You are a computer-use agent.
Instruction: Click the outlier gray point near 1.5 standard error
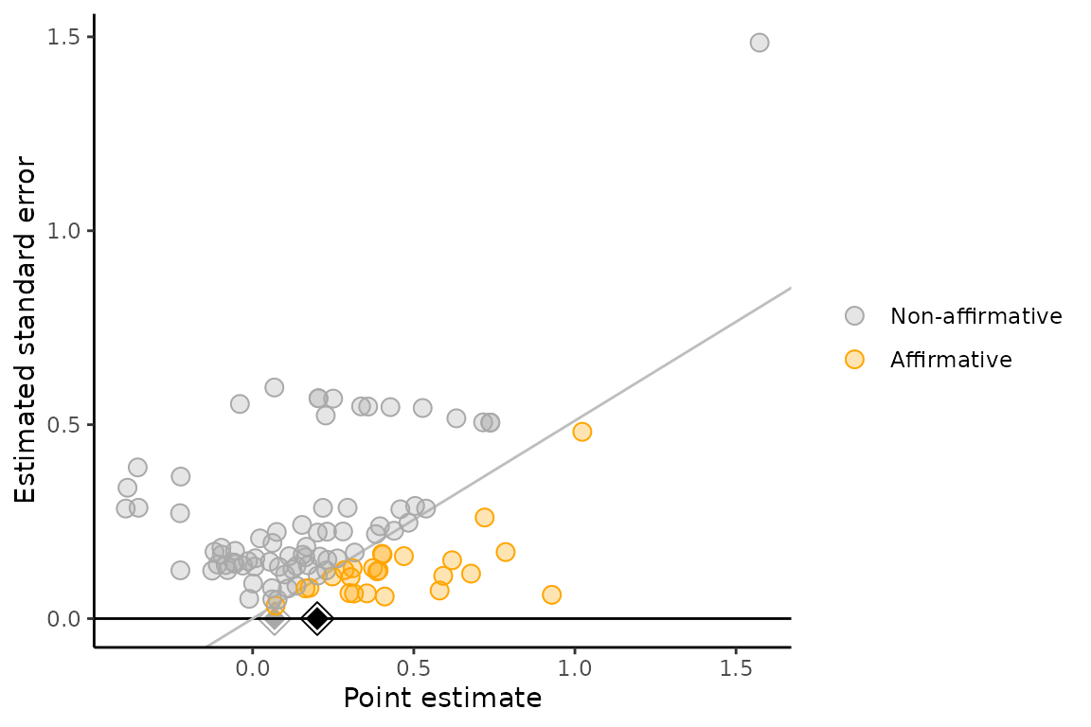pyautogui.click(x=759, y=43)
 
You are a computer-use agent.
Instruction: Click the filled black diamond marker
pyautogui.click(x=317, y=618)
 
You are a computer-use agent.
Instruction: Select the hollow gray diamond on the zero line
pyautogui.click(x=275, y=618)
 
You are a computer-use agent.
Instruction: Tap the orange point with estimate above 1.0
pyautogui.click(x=581, y=432)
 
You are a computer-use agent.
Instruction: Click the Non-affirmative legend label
pyautogui.click(x=975, y=316)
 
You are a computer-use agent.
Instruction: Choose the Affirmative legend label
pyautogui.click(x=951, y=360)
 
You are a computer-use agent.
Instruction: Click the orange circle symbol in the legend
pyautogui.click(x=855, y=360)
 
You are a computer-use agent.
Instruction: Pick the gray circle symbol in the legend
pyautogui.click(x=855, y=316)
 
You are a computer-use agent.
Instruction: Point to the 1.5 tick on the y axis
pyautogui.click(x=72, y=37)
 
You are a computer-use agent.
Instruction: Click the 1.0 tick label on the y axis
pyautogui.click(x=72, y=231)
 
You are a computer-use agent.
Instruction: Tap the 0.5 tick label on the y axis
pyautogui.click(x=72, y=425)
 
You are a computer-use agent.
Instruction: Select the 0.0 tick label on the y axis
pyautogui.click(x=72, y=618)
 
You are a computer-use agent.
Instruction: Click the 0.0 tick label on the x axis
pyautogui.click(x=253, y=666)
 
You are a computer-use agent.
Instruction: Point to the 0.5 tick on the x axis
pyautogui.click(x=414, y=666)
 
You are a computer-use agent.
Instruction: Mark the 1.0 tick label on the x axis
pyautogui.click(x=575, y=666)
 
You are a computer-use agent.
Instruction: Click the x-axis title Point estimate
pyautogui.click(x=442, y=699)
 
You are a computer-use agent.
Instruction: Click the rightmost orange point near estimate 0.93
pyautogui.click(x=551, y=594)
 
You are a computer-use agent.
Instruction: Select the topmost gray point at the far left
pyautogui.click(x=137, y=468)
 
